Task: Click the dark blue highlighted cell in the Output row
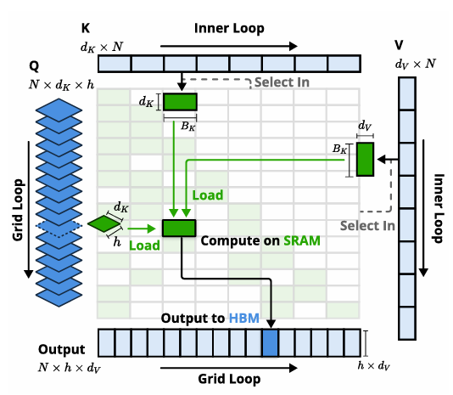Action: pyautogui.click(x=270, y=343)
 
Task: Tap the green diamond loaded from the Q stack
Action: pyautogui.click(x=104, y=223)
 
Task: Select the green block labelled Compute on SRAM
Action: pyautogui.click(x=179, y=228)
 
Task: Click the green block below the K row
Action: pyautogui.click(x=181, y=102)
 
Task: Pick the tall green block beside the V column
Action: pyautogui.click(x=365, y=159)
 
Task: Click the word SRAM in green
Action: pyautogui.click(x=302, y=240)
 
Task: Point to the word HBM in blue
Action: pyautogui.click(x=243, y=319)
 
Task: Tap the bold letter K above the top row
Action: pyautogui.click(x=86, y=28)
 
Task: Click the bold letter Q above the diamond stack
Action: pyautogui.click(x=34, y=66)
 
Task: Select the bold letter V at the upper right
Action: pyautogui.click(x=399, y=45)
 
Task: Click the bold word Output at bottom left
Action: pyautogui.click(x=62, y=350)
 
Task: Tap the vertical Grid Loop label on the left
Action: pyautogui.click(x=18, y=210)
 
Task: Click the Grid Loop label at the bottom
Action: pyautogui.click(x=229, y=379)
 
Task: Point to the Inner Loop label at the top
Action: pyautogui.click(x=229, y=28)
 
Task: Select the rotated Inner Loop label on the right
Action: pyautogui.click(x=439, y=208)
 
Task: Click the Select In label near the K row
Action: pyautogui.click(x=282, y=82)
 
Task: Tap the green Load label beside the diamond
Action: pyautogui.click(x=144, y=245)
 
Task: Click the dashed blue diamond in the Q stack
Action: pyautogui.click(x=59, y=226)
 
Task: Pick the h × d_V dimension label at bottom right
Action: pyautogui.click(x=373, y=366)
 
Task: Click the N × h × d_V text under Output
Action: pyautogui.click(x=70, y=368)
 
